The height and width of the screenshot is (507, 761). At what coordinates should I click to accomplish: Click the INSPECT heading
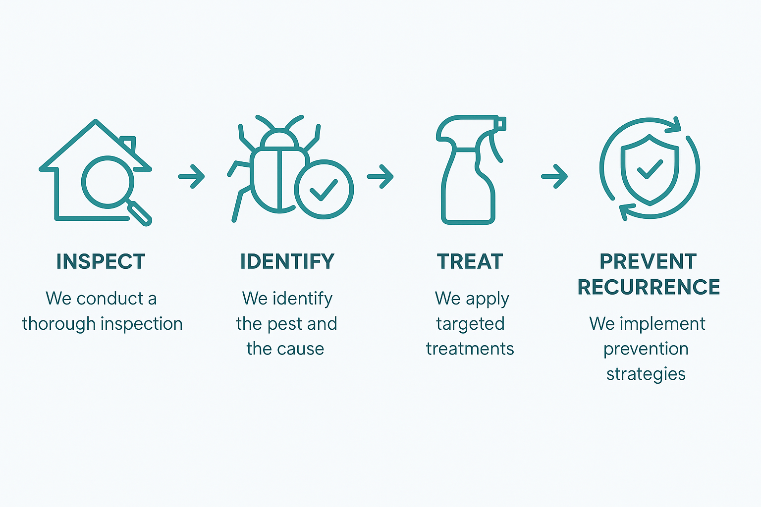point(101,261)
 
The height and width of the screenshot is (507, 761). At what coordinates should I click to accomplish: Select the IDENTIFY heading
point(287,261)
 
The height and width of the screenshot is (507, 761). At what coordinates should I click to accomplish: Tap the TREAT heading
point(470,261)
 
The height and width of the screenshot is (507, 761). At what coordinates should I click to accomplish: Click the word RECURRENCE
point(649,287)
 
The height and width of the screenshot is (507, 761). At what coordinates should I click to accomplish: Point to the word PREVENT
point(648,261)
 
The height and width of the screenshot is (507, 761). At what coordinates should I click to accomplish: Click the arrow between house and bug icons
point(191,176)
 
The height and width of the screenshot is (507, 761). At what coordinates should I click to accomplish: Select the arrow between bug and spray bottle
point(380,176)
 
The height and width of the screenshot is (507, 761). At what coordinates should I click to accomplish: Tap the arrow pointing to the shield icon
point(554,176)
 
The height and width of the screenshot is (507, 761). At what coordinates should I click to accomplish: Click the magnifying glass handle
point(139,213)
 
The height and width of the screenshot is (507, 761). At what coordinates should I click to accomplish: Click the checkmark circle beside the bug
point(324,190)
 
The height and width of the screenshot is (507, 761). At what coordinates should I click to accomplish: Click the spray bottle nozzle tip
point(501,124)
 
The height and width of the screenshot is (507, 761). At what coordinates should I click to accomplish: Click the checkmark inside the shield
point(650,169)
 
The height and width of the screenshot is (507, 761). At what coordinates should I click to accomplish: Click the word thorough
point(59,324)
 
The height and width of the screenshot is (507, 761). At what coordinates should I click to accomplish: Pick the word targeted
point(471,324)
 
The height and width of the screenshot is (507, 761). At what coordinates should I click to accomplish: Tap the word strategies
point(646,374)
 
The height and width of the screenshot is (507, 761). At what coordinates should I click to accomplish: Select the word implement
point(662,324)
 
